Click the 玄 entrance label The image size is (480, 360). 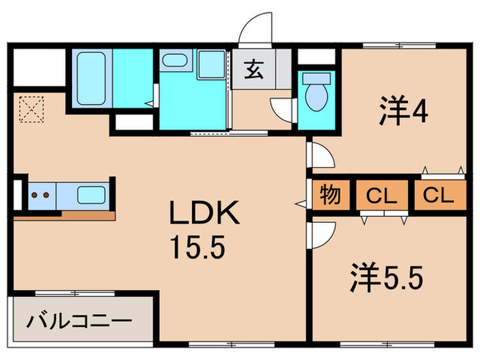(253, 69)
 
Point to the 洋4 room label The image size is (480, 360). (404, 111)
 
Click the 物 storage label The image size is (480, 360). (331, 196)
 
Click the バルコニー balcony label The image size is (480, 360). (80, 321)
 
